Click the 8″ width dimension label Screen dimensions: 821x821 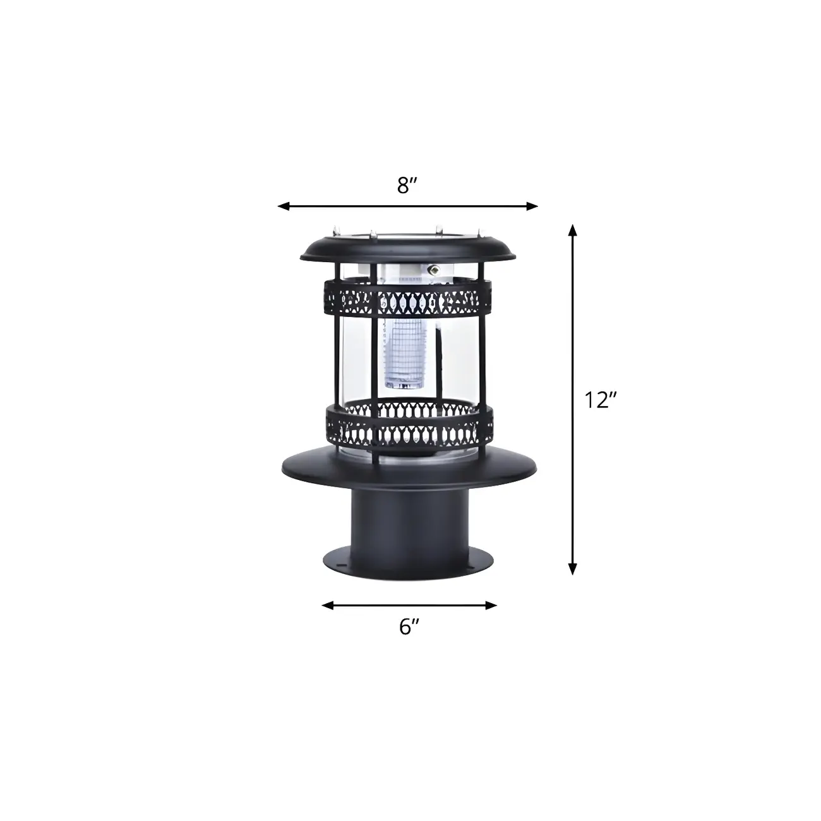pos(408,186)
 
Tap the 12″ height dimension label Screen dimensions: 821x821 pos(599,399)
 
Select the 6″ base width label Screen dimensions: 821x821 pos(409,626)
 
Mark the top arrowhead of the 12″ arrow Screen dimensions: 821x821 pos(573,229)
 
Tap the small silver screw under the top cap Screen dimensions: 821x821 pos(434,268)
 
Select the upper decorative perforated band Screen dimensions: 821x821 pos(408,297)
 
